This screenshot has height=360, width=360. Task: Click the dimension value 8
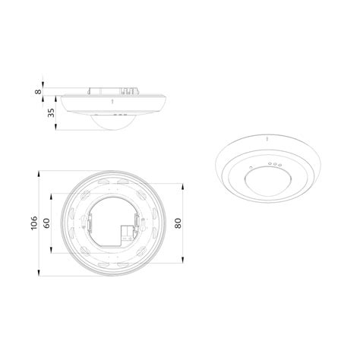tap(38, 91)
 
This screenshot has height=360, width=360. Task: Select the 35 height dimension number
tap(51, 113)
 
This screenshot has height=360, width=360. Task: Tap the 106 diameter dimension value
tap(34, 223)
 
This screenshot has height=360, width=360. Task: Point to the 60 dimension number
tap(47, 223)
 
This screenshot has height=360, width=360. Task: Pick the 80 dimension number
tap(178, 223)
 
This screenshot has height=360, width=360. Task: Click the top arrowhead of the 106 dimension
tap(39, 174)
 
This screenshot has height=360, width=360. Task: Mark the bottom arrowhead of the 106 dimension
tap(39, 273)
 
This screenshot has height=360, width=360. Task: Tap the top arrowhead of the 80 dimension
tap(183, 187)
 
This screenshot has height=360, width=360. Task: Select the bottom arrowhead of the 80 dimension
tap(183, 260)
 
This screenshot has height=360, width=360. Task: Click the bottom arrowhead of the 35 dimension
tap(56, 127)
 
